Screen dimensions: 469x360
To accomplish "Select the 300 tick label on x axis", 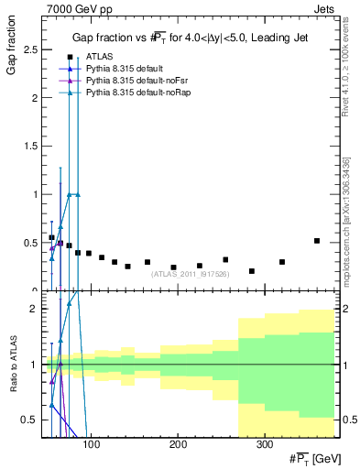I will pyautogui.click(x=264, y=444).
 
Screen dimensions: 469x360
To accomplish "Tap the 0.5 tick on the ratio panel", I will pyautogui.click(x=29, y=420).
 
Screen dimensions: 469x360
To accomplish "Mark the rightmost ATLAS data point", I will pyautogui.click(x=317, y=241).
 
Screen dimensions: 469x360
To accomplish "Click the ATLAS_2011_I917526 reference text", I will pyautogui.click(x=191, y=273).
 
